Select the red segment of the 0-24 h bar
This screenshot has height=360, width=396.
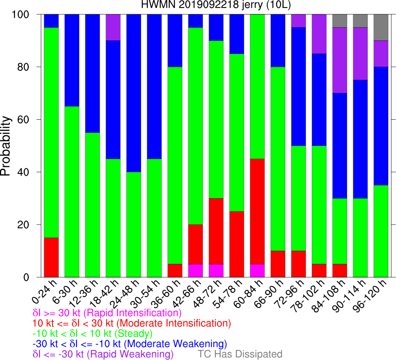point(51,258)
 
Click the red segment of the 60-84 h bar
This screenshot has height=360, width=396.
point(257,211)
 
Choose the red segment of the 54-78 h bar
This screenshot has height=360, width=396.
point(236,244)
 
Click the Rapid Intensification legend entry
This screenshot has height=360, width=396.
point(107,313)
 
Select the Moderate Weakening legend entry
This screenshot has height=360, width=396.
point(130,343)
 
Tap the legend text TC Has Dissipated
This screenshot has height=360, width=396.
point(240,354)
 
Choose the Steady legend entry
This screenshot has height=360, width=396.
point(93,333)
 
